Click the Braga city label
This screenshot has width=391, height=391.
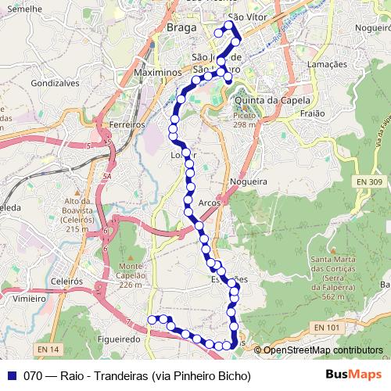181,29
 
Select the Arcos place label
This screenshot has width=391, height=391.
210,203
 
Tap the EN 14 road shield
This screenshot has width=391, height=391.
48,349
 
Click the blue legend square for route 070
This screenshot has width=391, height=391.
11,375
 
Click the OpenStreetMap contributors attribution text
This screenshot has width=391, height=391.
322,350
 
